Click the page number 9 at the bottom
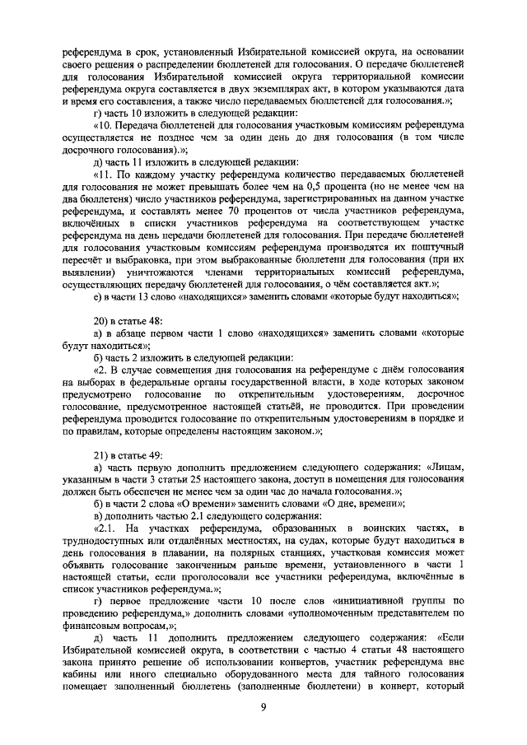coord(263,706)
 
